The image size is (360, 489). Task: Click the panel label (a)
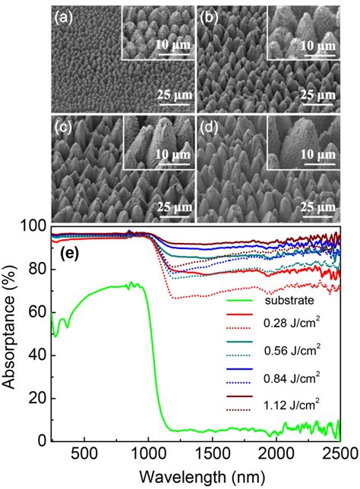tap(62, 15)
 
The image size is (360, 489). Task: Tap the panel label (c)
tap(62, 126)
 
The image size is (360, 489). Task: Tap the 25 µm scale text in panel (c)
tap(175, 205)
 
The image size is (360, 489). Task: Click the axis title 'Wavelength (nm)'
tap(195, 476)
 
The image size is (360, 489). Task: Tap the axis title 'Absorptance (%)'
tap(11, 334)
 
